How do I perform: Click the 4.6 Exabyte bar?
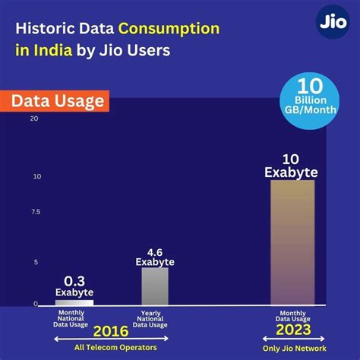[x=155, y=286]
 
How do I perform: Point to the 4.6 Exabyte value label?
[x=155, y=257]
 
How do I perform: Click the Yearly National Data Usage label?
[x=155, y=315]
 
